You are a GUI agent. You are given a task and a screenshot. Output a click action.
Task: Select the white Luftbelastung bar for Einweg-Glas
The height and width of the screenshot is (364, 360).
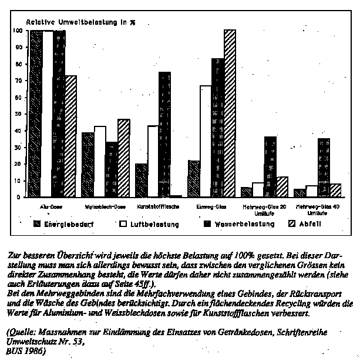click(x=206, y=141)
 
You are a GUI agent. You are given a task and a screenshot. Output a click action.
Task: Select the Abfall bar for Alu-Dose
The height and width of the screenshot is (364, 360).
click(x=71, y=136)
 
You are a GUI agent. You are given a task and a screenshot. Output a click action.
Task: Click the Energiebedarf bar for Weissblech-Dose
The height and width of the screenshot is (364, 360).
click(x=88, y=165)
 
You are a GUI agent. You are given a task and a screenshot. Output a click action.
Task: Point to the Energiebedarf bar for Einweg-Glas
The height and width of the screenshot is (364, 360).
click(x=194, y=179)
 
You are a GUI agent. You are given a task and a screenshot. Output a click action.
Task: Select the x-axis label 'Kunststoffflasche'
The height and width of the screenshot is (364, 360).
click(x=159, y=207)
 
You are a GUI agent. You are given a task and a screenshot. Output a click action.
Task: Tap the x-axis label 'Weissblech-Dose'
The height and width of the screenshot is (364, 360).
click(x=106, y=207)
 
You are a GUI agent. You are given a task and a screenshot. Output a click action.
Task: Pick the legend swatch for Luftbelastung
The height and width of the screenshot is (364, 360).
click(x=123, y=224)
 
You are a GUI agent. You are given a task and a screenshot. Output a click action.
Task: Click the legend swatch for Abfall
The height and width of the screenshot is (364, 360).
click(x=292, y=224)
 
